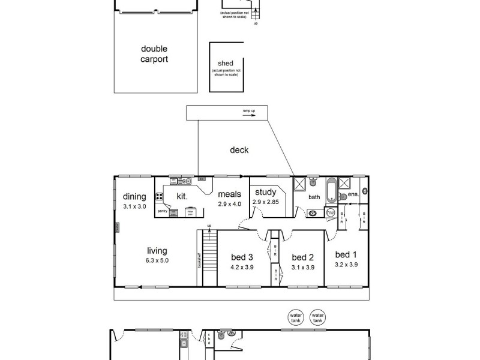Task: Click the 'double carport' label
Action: (x=155, y=54)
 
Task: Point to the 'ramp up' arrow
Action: (x=249, y=116)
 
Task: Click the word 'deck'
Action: (x=239, y=150)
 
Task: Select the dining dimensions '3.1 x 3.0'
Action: (x=135, y=206)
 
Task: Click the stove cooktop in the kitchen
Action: (x=160, y=196)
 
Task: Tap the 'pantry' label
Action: (x=162, y=211)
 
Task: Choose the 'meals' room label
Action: (x=229, y=194)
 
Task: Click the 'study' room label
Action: (x=265, y=192)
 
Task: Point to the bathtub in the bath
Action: (x=331, y=191)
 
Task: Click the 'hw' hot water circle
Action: (x=330, y=212)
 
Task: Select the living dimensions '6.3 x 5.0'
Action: (x=157, y=261)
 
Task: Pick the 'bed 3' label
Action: (x=242, y=257)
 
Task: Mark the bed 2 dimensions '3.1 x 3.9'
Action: (x=303, y=267)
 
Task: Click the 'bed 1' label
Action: (x=346, y=254)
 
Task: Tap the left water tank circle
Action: (x=295, y=317)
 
